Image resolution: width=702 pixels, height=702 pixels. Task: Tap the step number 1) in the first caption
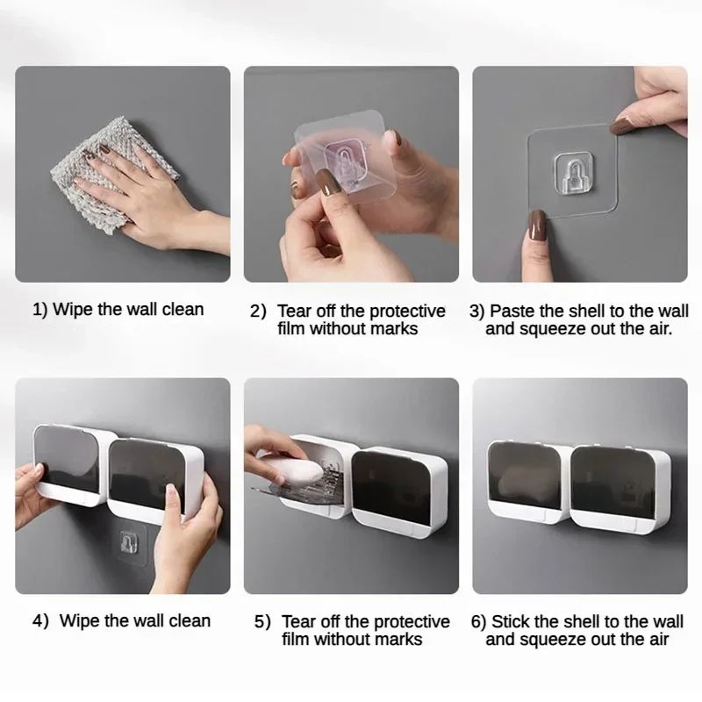click(40, 309)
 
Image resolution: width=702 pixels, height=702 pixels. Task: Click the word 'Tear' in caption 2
click(295, 311)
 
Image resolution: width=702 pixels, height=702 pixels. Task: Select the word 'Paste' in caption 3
click(512, 311)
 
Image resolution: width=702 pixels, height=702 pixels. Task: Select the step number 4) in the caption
click(40, 620)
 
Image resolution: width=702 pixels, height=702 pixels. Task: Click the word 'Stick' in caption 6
click(511, 621)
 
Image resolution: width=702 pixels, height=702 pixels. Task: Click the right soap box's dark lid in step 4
click(147, 475)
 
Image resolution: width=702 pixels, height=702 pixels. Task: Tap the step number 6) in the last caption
click(478, 621)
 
